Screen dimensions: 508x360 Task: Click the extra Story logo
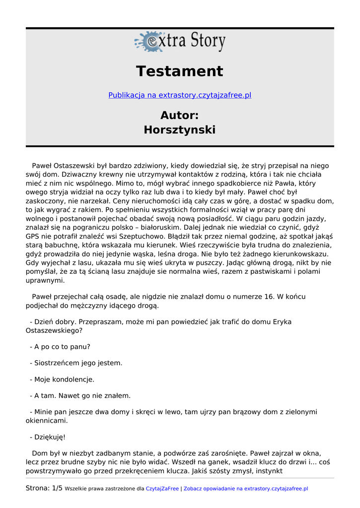click(x=180, y=42)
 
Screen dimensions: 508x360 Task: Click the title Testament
click(x=180, y=71)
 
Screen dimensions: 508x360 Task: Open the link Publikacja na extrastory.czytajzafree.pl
click(x=180, y=95)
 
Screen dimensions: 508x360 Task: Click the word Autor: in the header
click(x=180, y=116)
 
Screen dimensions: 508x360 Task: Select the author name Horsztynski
click(x=180, y=130)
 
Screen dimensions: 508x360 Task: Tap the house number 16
click(x=269, y=297)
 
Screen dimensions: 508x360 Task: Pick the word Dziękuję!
click(x=50, y=437)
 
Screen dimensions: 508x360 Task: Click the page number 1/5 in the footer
click(x=57, y=488)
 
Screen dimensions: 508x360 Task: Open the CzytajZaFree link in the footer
click(x=162, y=489)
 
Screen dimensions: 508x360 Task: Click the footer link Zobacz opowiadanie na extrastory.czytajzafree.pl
click(x=246, y=489)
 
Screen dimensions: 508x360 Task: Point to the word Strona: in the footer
click(x=38, y=488)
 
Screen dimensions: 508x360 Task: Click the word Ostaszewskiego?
click(x=54, y=330)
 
